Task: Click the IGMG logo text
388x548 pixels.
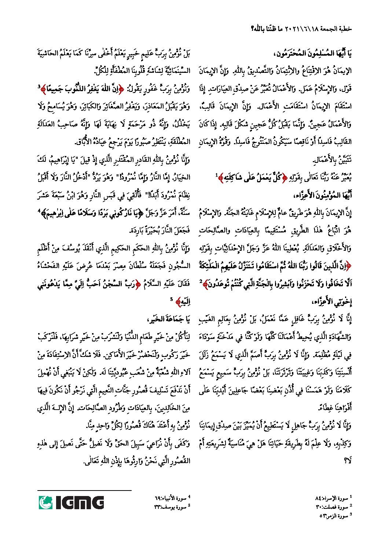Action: point(79,502)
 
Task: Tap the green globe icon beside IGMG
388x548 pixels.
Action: point(45,502)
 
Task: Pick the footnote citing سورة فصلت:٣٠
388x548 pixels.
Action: point(332,507)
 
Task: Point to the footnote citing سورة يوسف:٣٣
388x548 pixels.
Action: point(171,507)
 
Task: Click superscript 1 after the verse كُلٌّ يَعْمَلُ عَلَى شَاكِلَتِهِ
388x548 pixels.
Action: point(216,174)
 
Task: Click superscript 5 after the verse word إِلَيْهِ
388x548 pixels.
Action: point(171,299)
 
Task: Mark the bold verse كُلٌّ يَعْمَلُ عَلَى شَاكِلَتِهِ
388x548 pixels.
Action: point(249,178)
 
